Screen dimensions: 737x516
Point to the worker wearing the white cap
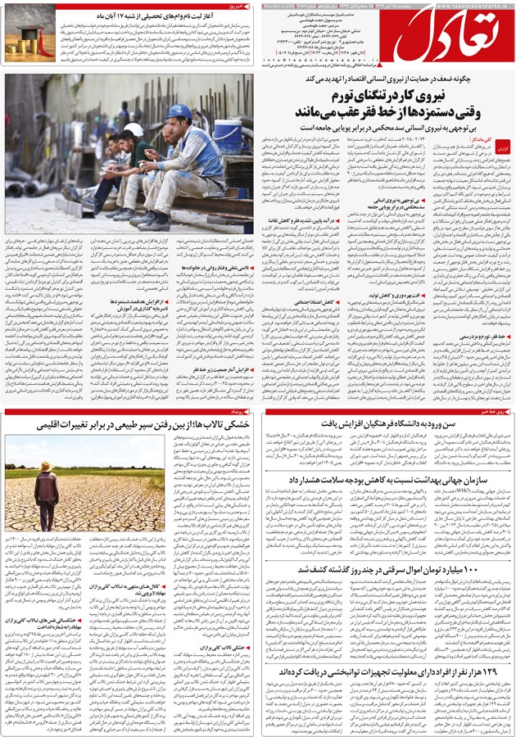pos(132,139)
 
